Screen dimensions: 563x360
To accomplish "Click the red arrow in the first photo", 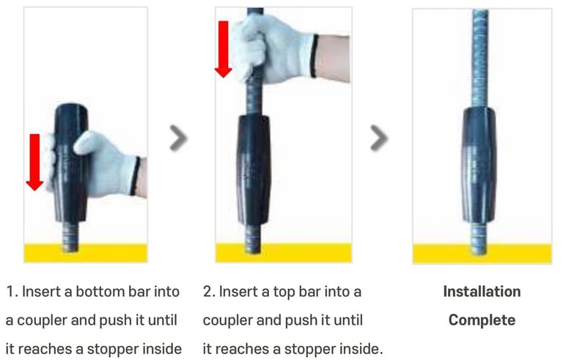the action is [x=35, y=162].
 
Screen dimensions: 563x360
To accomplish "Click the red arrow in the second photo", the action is [x=224, y=49].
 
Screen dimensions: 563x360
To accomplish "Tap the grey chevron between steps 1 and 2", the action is [x=178, y=138].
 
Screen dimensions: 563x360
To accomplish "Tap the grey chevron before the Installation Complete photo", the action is [x=379, y=138].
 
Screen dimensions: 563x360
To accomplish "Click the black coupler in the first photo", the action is [x=70, y=163].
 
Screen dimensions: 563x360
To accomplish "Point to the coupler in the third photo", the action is [x=479, y=165].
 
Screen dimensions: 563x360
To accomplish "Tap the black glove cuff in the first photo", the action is [x=136, y=176].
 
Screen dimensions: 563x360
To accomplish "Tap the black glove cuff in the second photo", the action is [x=314, y=55].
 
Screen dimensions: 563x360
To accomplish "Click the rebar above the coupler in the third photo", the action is [x=480, y=57].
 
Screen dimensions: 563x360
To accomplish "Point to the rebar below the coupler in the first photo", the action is [x=70, y=236].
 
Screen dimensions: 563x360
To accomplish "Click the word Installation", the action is [x=482, y=291].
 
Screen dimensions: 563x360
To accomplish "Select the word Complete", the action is [x=482, y=320].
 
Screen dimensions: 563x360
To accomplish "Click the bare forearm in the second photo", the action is [x=334, y=57].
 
